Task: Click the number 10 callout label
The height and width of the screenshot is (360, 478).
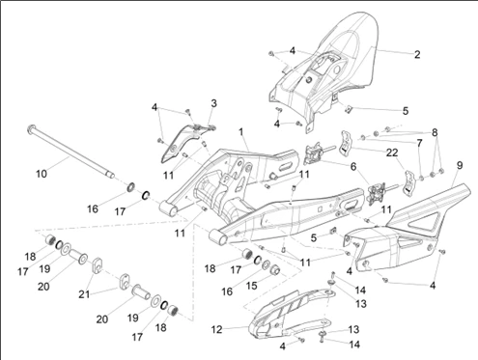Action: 42,174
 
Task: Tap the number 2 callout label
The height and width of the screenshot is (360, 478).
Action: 417,54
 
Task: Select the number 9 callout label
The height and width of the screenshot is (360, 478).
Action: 460,165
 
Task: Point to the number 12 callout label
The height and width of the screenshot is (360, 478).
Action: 217,329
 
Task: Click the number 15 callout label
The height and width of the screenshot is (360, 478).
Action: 252,285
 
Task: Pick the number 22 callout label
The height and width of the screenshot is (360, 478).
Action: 392,152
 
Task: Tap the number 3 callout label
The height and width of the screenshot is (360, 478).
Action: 213,103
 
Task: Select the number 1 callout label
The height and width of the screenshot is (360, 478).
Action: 240,131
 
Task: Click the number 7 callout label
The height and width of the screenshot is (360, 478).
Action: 419,143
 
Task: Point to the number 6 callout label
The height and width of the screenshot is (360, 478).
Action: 353,167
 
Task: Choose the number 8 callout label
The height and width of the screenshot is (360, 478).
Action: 435,132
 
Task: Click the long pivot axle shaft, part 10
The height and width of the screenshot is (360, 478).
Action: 70,151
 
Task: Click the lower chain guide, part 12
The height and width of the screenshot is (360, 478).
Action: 290,312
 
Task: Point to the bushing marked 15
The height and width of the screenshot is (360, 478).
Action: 275,271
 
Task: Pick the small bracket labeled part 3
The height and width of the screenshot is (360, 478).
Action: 188,142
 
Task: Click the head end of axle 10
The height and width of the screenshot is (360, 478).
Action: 31,127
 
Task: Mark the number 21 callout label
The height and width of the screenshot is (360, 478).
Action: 85,293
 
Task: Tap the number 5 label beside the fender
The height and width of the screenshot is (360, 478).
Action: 406,111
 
